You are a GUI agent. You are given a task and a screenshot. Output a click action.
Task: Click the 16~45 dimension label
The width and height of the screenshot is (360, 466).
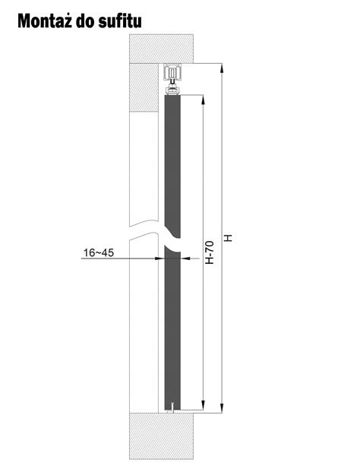tap(99, 252)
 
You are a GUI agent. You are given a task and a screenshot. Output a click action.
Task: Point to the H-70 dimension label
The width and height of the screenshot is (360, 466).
tap(210, 252)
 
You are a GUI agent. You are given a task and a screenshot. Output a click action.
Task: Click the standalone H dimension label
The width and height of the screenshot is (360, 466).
tap(228, 238)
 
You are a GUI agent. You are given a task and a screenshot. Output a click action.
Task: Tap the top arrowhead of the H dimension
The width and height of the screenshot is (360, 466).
tap(222, 68)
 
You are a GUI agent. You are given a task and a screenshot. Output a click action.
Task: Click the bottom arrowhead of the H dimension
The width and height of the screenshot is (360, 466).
tap(222, 407)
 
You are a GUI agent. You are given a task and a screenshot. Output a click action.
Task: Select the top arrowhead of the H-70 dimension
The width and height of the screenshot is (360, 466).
tap(204, 100)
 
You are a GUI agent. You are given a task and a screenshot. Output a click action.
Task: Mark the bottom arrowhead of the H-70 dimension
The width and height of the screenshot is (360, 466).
tap(204, 404)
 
